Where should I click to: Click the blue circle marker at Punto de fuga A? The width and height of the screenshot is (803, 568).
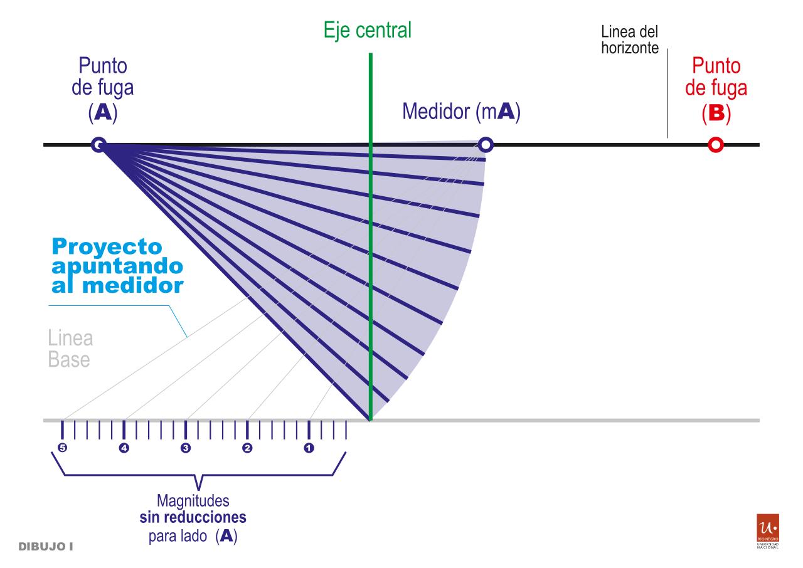click(x=98, y=145)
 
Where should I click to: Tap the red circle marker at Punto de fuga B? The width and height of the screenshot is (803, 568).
click(x=715, y=145)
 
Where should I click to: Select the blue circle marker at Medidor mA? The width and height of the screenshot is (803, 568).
click(x=486, y=145)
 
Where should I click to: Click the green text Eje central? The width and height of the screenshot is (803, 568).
click(x=368, y=30)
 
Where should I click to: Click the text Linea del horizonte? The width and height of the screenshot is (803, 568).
click(x=629, y=39)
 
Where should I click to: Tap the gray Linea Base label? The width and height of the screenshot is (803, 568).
click(x=70, y=349)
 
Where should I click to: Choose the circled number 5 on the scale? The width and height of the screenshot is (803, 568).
click(x=61, y=448)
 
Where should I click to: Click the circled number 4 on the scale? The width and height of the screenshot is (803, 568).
click(x=124, y=448)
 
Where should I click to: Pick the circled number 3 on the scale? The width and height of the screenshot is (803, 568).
click(x=185, y=448)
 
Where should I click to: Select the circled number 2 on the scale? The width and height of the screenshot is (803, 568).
click(x=247, y=448)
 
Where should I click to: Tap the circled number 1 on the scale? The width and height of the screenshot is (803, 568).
click(x=309, y=448)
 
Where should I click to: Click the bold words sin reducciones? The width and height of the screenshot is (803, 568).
click(x=193, y=518)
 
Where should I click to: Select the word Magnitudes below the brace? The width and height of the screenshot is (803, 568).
click(x=193, y=501)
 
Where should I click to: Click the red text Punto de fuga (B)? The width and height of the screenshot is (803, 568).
click(x=716, y=88)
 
